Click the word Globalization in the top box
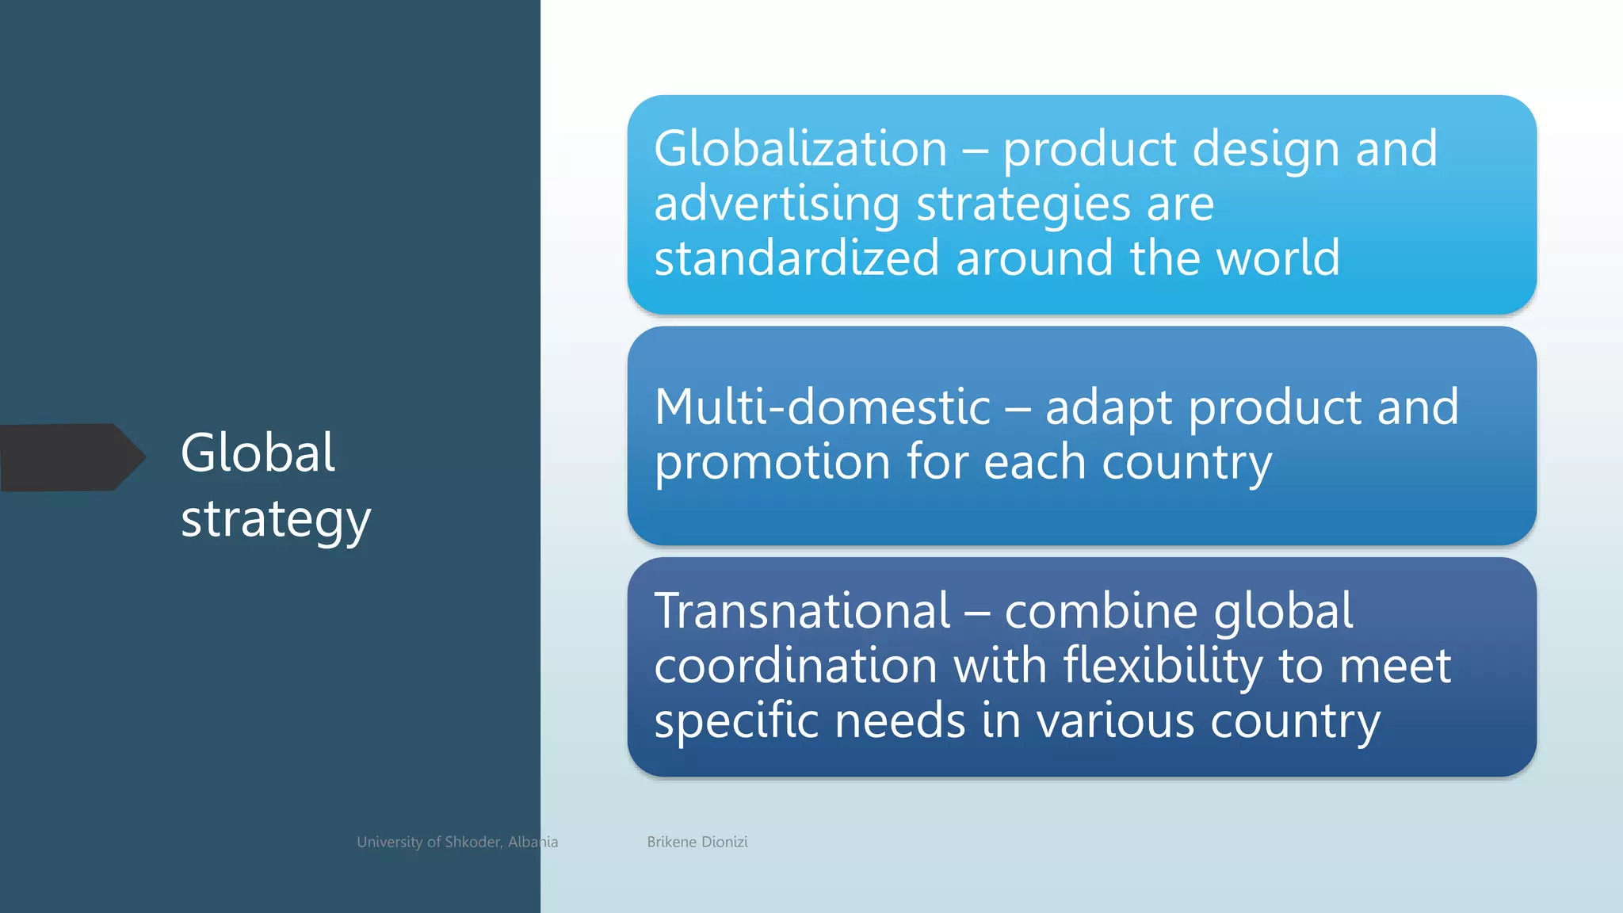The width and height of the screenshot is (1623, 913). point(800,149)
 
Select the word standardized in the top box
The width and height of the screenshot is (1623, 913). point(796,258)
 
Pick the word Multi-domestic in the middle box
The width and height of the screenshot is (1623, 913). point(823,407)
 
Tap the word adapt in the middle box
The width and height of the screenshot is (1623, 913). point(1109,409)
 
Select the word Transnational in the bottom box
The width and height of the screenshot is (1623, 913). point(802,611)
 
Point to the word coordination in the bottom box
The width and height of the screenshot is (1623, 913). point(796,666)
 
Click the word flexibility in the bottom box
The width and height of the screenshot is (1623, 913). point(1163,666)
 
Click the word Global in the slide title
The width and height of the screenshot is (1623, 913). point(258,453)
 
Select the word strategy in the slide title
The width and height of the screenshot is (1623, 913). point(276,521)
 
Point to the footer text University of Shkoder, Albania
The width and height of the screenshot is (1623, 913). point(457,842)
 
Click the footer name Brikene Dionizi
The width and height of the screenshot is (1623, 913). point(697,842)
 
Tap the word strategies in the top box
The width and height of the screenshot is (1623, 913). point(1023,204)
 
